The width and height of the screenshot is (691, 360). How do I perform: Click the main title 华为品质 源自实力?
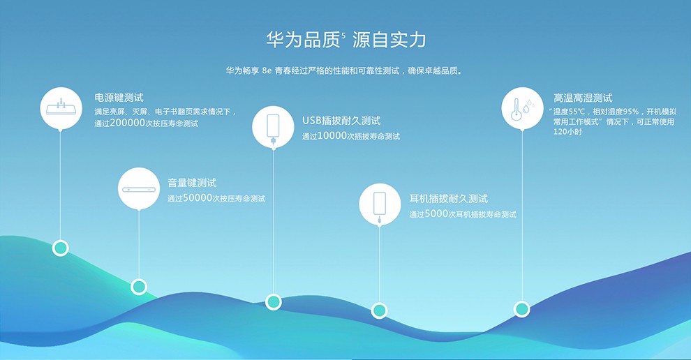click(x=346, y=40)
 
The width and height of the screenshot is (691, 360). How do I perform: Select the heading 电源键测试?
click(x=119, y=98)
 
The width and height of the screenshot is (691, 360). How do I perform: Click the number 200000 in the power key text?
click(x=127, y=123)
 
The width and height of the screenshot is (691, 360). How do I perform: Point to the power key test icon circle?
click(x=61, y=108)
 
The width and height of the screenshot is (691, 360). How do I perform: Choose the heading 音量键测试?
click(x=192, y=182)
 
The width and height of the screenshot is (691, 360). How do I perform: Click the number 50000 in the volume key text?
click(x=198, y=198)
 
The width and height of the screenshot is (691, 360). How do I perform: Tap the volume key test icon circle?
click(x=139, y=188)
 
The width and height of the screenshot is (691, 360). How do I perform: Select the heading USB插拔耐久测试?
click(x=341, y=120)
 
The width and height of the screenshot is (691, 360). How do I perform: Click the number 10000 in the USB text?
click(x=332, y=136)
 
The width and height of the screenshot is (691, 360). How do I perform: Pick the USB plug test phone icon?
click(x=273, y=128)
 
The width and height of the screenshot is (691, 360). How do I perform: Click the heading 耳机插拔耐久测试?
click(x=449, y=199)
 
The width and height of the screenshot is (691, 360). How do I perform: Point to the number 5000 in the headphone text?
click(x=436, y=213)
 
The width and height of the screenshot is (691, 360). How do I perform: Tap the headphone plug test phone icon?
click(x=380, y=207)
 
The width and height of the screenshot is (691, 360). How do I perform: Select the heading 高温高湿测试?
click(x=583, y=98)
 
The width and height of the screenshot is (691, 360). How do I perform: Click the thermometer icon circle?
click(x=522, y=108)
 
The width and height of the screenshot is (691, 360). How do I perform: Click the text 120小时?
click(x=567, y=132)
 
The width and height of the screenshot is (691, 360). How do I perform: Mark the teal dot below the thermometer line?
click(x=522, y=309)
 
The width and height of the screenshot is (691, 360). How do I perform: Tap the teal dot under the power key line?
click(x=60, y=248)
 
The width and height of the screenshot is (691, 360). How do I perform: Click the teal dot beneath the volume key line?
click(x=139, y=287)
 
